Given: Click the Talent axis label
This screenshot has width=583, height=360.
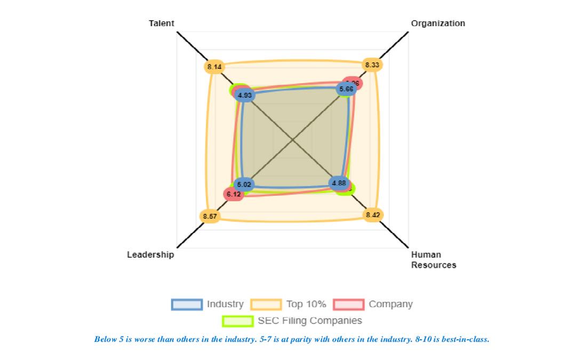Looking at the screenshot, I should click(x=161, y=23).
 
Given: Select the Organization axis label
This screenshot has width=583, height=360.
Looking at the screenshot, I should click(x=438, y=23).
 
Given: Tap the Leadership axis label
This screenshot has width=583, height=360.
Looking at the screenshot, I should click(x=150, y=255).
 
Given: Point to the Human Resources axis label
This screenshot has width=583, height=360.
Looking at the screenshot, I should click(x=433, y=260).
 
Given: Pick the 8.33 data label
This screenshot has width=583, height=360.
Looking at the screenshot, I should click(x=372, y=65).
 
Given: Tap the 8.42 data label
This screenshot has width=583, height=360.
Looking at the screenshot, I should click(x=373, y=215).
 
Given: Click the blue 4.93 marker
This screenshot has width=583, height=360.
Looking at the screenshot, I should click(x=245, y=95).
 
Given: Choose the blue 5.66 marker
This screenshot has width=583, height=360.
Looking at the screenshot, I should click(x=346, y=89).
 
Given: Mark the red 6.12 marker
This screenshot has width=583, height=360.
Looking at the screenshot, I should click(x=234, y=195).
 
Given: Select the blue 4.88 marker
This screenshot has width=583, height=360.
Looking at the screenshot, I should click(x=339, y=183).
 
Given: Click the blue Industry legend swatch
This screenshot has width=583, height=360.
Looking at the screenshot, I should click(x=187, y=305).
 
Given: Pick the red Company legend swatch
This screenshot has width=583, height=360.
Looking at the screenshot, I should click(x=348, y=305).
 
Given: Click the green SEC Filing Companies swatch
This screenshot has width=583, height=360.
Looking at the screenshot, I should click(x=237, y=321).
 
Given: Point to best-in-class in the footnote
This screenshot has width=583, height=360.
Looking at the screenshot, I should click(x=466, y=339).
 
